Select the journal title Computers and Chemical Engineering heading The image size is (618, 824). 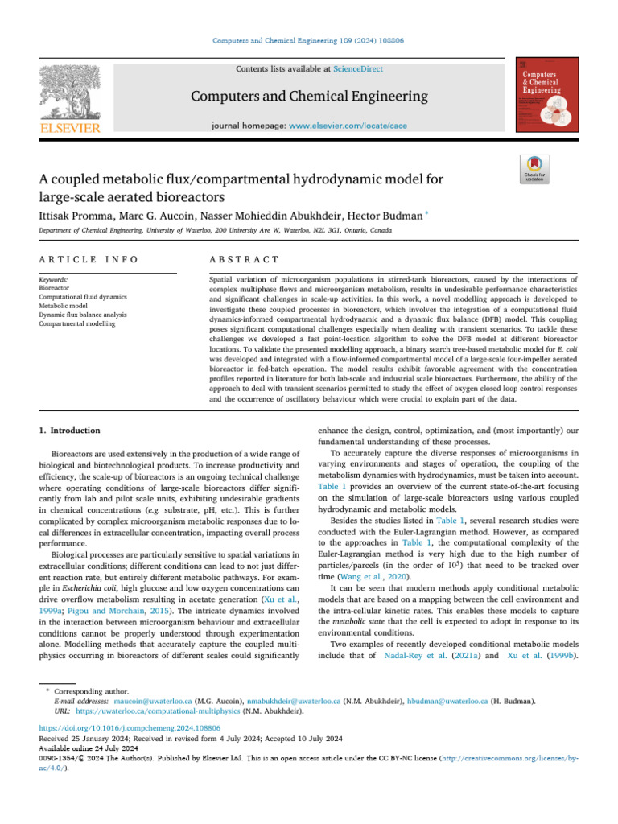(309, 97)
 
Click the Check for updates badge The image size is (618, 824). (535, 169)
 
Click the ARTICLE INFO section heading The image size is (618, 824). (89, 259)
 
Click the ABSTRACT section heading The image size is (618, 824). (244, 259)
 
